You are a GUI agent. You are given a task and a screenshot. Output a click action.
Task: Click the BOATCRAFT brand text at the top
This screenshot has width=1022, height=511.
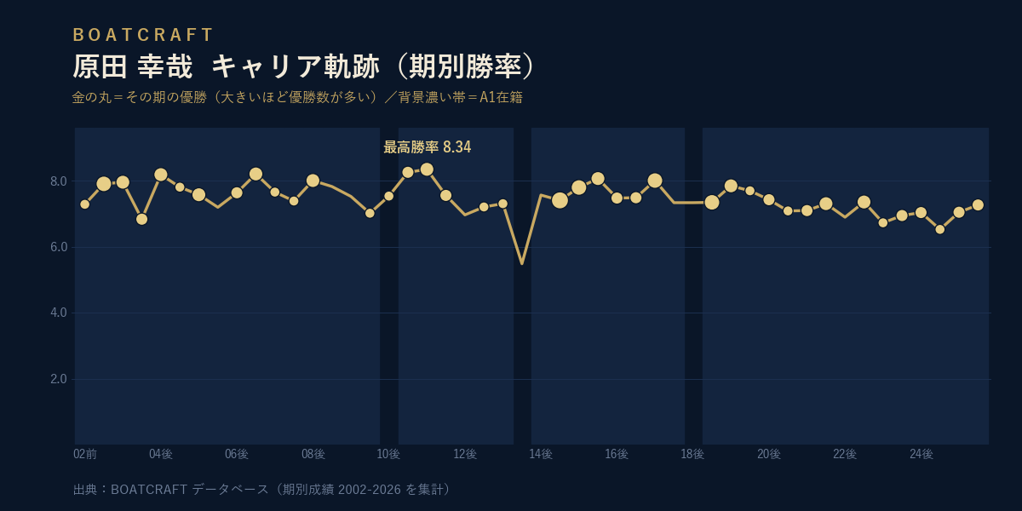[143, 35]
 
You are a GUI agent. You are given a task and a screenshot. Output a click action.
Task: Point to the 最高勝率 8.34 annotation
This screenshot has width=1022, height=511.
[427, 146]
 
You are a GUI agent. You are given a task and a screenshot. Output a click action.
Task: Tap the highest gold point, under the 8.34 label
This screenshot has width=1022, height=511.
[427, 169]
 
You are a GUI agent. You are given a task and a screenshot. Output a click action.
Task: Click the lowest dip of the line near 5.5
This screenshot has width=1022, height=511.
[522, 263]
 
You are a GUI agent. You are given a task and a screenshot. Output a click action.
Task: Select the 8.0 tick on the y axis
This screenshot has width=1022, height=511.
[59, 181]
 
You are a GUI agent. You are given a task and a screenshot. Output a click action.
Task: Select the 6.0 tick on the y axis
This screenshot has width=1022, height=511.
[59, 247]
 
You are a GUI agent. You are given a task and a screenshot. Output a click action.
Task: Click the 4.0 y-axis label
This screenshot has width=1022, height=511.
[59, 313]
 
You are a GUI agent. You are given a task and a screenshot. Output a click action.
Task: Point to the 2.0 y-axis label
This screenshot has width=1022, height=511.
[59, 379]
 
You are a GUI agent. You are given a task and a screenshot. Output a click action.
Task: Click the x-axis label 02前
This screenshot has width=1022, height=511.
[85, 454]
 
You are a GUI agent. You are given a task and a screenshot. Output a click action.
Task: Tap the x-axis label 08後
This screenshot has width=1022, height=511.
[313, 454]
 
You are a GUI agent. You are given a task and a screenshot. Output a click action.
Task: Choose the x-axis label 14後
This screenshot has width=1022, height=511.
[541, 454]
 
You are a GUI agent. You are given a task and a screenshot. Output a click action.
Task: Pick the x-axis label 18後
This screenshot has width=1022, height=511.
[692, 454]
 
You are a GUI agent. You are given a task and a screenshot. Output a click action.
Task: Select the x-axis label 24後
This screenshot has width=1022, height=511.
[922, 454]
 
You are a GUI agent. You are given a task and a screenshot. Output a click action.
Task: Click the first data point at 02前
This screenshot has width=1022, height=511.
[85, 204]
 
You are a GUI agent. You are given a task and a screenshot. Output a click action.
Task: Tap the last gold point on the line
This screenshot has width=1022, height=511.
[978, 205]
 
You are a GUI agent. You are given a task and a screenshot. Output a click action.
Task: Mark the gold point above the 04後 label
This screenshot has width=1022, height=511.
[161, 175]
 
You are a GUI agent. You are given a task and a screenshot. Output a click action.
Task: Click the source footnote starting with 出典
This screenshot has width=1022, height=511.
[261, 490]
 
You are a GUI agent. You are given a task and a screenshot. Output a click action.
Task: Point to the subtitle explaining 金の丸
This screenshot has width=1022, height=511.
[297, 97]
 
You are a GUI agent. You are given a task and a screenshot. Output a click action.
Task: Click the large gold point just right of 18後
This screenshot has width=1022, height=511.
[712, 203]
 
